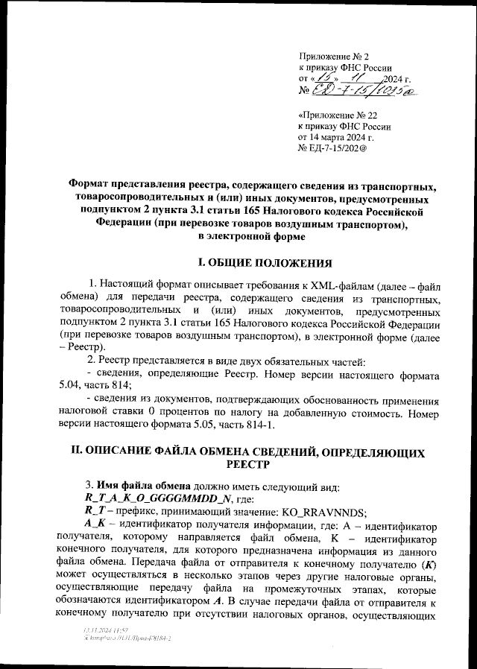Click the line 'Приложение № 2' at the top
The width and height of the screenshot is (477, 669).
click(x=333, y=57)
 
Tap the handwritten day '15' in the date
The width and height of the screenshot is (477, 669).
click(x=325, y=78)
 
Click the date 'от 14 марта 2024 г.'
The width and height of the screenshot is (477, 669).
click(x=336, y=138)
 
